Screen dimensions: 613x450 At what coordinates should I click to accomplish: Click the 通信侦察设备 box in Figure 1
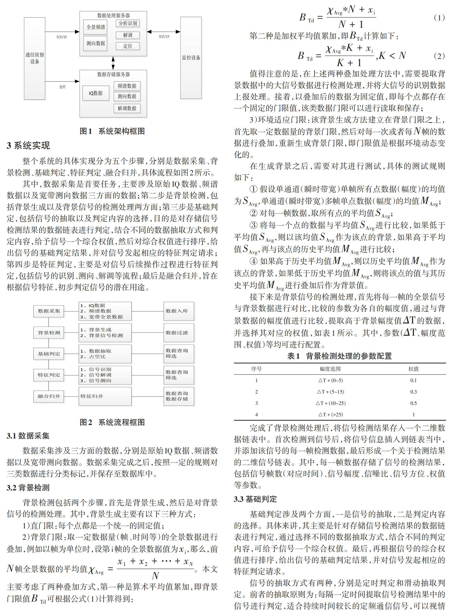[35, 58]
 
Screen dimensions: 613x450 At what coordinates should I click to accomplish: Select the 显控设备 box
[191, 58]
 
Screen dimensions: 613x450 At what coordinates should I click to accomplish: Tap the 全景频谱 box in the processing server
[96, 27]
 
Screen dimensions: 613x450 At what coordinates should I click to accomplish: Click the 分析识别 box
[128, 23]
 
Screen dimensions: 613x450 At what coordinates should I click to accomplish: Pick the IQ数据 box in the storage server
[96, 93]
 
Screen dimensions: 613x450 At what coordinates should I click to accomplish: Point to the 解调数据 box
[127, 108]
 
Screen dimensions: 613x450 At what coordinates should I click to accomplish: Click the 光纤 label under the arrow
[62, 87]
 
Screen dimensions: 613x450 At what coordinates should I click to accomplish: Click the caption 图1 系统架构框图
[112, 131]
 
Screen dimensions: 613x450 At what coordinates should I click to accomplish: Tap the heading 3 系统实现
[28, 146]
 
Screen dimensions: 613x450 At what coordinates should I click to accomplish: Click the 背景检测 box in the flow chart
[49, 333]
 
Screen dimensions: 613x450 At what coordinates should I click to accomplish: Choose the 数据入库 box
[179, 311]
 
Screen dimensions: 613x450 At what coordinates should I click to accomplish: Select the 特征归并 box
[105, 396]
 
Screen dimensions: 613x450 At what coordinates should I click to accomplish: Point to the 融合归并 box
[49, 396]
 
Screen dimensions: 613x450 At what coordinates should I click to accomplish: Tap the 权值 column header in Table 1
[414, 369]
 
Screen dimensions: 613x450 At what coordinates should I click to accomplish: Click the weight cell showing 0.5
[414, 403]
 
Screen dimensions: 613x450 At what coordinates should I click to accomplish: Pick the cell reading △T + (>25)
[330, 415]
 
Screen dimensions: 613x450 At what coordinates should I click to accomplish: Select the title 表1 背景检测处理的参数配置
[339, 356]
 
